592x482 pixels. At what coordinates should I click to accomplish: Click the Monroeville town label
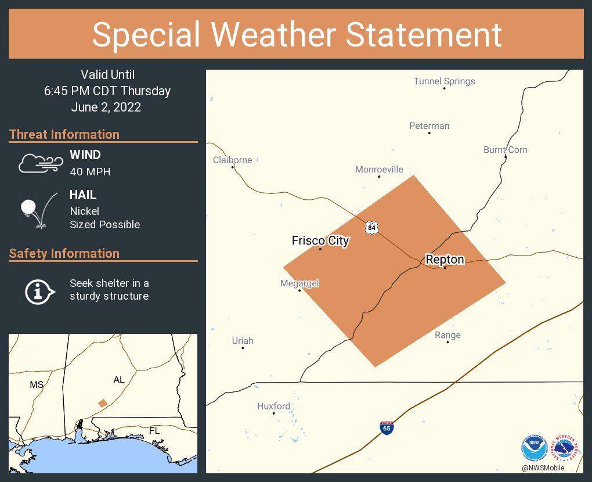click(x=379, y=170)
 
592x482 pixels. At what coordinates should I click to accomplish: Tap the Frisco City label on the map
click(x=320, y=240)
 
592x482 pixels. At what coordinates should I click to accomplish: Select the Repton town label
click(x=445, y=260)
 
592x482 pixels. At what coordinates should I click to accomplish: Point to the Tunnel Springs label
click(x=444, y=81)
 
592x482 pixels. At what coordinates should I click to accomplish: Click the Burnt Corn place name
click(x=506, y=150)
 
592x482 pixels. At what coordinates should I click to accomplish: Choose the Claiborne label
click(x=232, y=160)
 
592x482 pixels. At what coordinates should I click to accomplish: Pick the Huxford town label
click(x=273, y=407)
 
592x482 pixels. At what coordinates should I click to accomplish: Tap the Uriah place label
click(x=243, y=341)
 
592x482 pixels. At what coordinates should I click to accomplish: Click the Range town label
click(x=447, y=335)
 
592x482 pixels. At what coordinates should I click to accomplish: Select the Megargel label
click(x=299, y=283)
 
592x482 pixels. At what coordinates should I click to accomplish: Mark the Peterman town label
click(x=429, y=126)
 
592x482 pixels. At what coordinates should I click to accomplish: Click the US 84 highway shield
click(x=371, y=227)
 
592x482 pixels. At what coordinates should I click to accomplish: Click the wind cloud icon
click(x=40, y=163)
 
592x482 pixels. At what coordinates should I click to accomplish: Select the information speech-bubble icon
click(x=39, y=291)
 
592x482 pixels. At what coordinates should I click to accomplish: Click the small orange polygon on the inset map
click(x=103, y=403)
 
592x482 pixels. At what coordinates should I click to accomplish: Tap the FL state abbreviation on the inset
click(x=154, y=431)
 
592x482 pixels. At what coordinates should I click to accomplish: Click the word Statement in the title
click(x=424, y=34)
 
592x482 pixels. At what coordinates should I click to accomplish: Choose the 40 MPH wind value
click(x=90, y=172)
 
